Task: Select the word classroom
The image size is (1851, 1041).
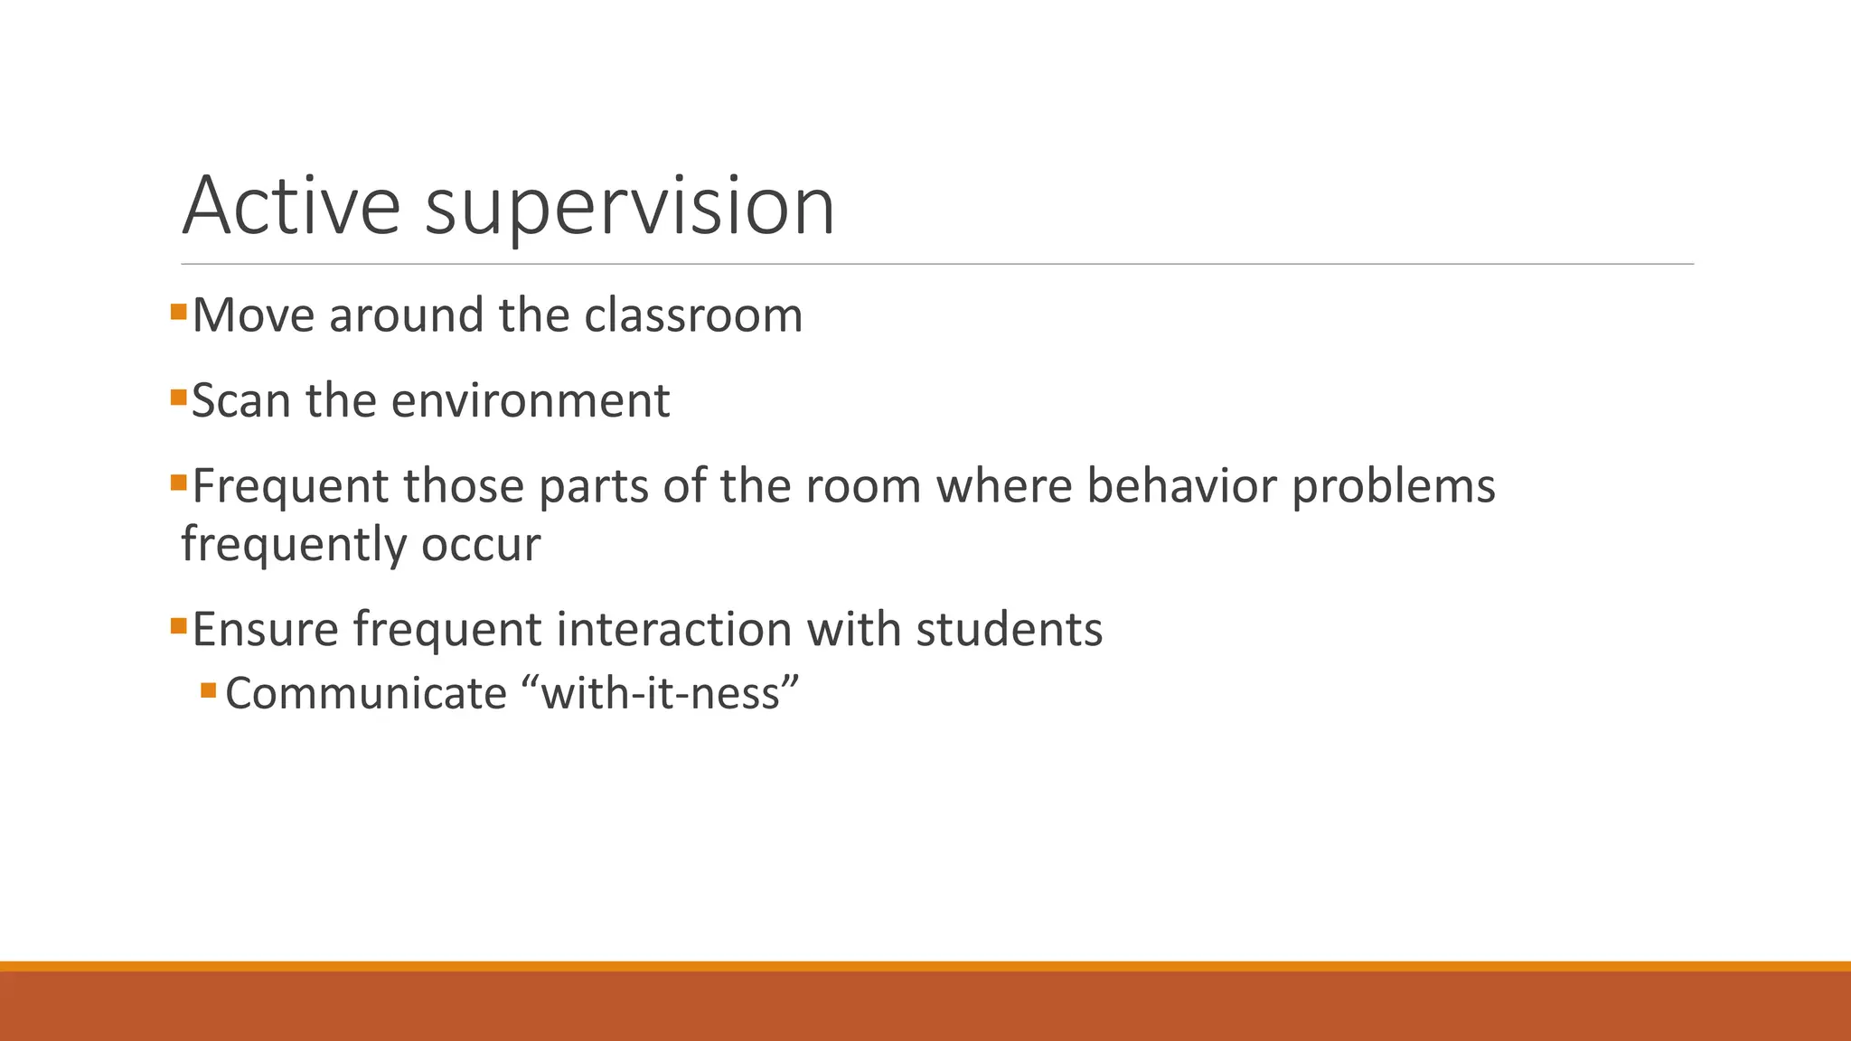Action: [x=693, y=315]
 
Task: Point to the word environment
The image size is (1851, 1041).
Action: [x=531, y=400]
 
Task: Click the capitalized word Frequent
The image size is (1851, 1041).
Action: [x=289, y=486]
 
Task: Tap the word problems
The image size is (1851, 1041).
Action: [x=1393, y=488]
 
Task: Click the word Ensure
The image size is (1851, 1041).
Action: [x=265, y=629]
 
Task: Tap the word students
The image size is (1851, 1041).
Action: [x=1009, y=629]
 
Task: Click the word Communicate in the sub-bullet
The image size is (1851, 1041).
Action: [x=366, y=694]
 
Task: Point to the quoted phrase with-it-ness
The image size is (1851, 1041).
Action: [x=661, y=694]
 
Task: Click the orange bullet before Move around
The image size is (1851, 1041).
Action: [x=178, y=313]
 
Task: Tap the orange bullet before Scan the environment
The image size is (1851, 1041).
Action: [x=178, y=398]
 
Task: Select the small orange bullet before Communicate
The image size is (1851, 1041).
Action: [x=209, y=690]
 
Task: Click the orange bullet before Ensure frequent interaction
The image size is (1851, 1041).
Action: [x=178, y=625]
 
